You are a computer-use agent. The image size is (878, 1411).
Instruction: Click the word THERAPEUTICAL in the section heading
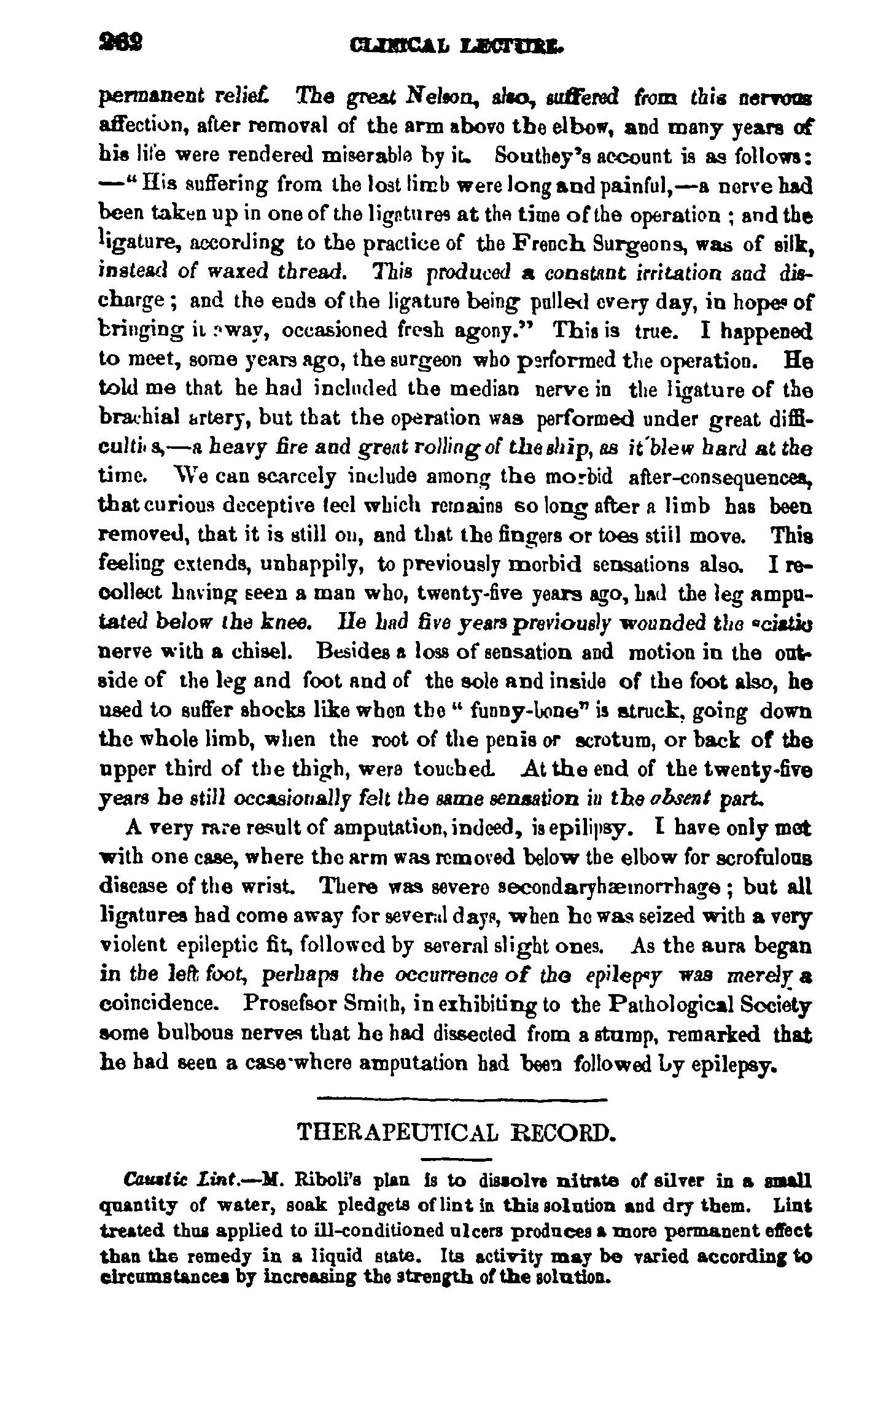397,1132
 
